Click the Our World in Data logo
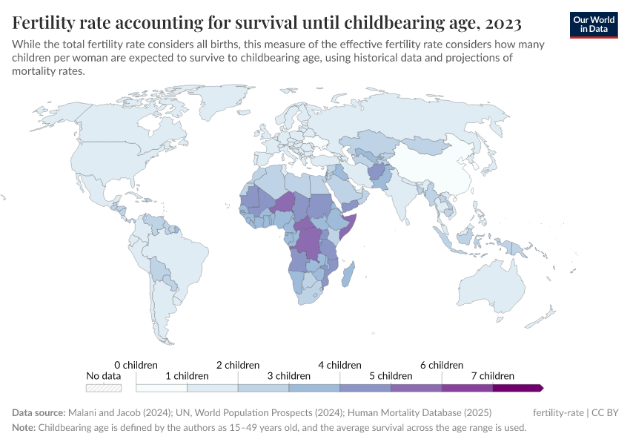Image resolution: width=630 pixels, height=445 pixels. point(594,24)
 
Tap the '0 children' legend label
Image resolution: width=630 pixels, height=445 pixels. point(136,365)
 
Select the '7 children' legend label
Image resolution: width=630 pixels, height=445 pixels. point(492,376)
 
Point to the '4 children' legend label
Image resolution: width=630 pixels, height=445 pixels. point(339,365)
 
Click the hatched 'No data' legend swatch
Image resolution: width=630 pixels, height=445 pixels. point(103,388)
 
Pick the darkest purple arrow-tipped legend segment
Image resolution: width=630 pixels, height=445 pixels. point(518,388)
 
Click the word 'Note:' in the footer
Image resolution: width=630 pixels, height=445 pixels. point(24,428)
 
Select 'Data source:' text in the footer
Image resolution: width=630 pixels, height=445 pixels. point(39,412)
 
